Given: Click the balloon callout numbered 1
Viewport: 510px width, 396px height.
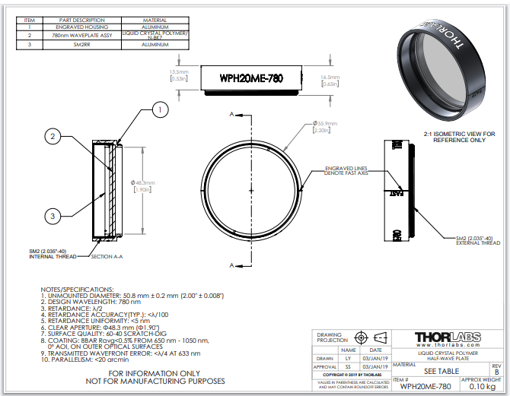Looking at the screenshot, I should (x=158, y=111).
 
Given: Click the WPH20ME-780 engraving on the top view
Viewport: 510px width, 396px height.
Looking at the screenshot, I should (x=252, y=78).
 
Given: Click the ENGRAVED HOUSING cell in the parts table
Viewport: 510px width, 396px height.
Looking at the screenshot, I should (x=84, y=27).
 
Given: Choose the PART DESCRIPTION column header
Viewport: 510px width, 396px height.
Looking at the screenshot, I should (x=84, y=20).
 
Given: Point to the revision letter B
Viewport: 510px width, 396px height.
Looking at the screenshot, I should (x=497, y=372).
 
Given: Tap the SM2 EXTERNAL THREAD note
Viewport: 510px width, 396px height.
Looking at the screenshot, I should (x=477, y=242).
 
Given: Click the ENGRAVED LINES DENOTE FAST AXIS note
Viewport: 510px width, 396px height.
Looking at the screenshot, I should (x=348, y=170).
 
